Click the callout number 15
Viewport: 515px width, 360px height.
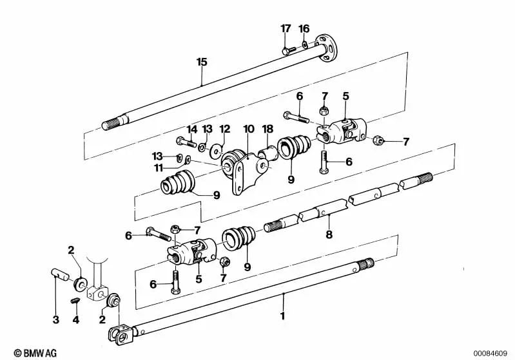coord(202,62)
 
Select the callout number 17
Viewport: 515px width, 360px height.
coord(286,28)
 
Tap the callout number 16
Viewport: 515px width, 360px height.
coord(304,28)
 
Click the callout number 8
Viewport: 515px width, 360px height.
coord(329,235)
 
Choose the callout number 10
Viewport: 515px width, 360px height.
coord(248,129)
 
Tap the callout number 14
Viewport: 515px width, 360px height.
coord(191,129)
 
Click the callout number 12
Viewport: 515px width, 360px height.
coord(224,129)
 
